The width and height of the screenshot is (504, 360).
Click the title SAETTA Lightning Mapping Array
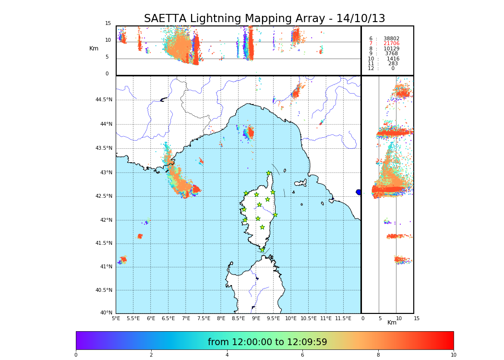[264, 19]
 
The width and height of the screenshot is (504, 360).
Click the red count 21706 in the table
[391, 44]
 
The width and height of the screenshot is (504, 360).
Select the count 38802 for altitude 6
[391, 38]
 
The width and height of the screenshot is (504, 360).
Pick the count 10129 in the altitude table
[391, 48]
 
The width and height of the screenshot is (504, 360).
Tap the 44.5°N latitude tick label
[104, 100]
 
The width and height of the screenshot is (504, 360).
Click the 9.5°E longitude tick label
[274, 318]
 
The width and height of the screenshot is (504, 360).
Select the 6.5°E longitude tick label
[168, 318]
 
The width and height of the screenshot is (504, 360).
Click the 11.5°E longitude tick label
[343, 318]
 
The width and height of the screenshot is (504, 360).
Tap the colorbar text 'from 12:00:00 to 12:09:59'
[267, 342]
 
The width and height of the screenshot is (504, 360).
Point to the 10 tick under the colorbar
[453, 355]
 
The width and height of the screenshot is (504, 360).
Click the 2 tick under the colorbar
[151, 355]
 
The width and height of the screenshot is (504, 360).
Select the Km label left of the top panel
[94, 48]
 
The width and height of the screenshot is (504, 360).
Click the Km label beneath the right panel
[392, 323]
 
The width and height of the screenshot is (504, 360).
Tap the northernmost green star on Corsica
[269, 173]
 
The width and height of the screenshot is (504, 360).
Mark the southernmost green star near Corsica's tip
[262, 250]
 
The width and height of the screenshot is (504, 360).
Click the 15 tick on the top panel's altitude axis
[108, 24]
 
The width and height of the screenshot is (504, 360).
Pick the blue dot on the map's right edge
[359, 192]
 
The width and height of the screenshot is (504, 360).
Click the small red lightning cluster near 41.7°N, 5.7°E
[140, 236]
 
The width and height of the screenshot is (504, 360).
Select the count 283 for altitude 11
[393, 63]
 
